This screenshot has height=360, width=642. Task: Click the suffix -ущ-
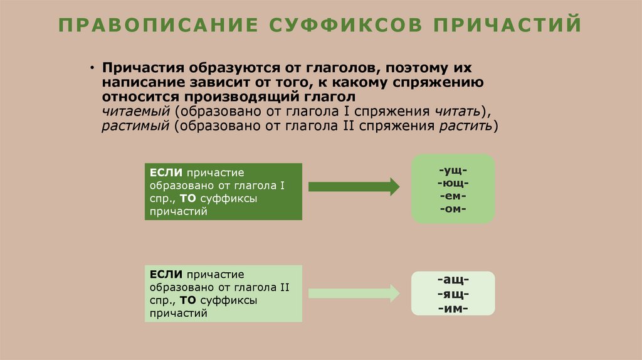point(453,170)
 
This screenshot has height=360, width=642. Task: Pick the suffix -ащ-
point(453,280)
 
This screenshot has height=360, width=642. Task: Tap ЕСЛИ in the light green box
point(166,274)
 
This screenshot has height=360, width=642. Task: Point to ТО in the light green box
point(188,300)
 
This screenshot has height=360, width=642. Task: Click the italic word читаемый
point(137,111)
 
